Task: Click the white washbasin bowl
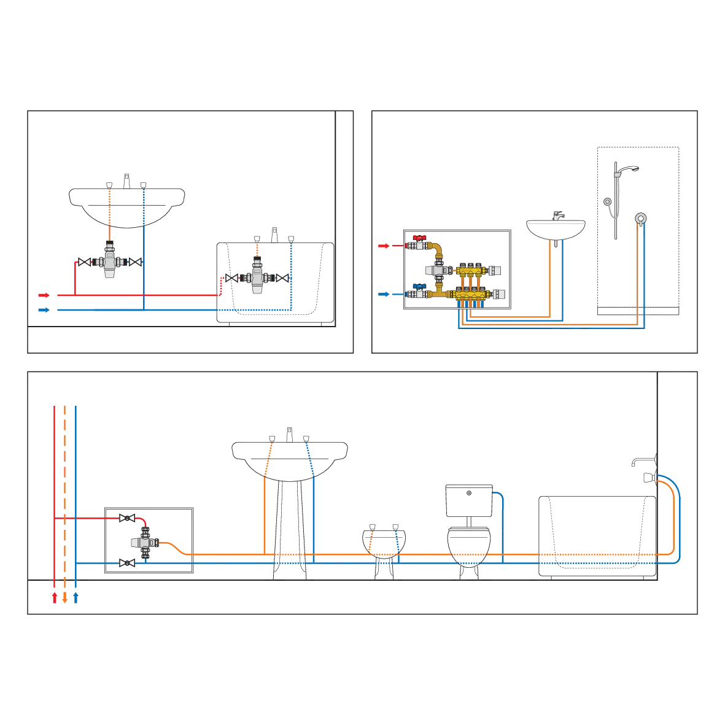coord(556,228)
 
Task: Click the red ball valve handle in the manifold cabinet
coord(421,236)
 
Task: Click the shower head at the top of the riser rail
coord(635,168)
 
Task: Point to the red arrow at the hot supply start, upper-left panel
coord(43,295)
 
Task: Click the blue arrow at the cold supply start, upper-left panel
coord(43,310)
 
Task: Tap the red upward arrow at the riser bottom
coord(55,597)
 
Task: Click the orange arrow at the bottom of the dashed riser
coord(64,597)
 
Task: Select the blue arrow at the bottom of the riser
coord(75,597)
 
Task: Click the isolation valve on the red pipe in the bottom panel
coord(128,518)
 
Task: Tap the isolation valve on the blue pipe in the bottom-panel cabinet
coord(128,562)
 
